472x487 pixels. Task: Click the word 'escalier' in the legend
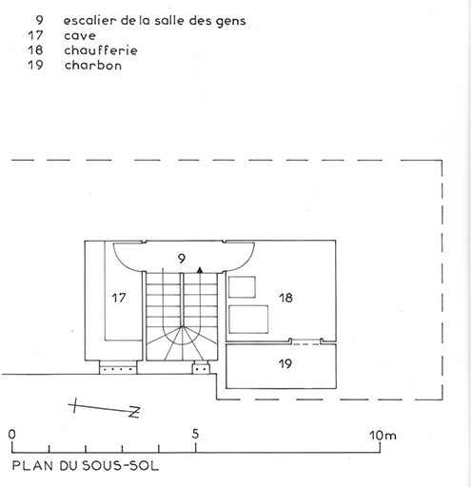point(85,21)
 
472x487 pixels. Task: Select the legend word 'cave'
point(80,36)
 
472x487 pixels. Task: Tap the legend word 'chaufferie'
point(101,50)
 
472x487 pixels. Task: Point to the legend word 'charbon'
point(93,66)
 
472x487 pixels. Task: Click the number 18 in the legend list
point(35,50)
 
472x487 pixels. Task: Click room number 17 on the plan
point(119,298)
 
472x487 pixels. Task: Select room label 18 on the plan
point(285,298)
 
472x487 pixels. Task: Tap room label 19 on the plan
point(285,363)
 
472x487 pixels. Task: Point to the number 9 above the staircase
point(182,259)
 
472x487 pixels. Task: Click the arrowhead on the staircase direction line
point(200,270)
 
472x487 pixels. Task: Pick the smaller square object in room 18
point(242,287)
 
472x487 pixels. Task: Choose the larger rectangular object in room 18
point(248,320)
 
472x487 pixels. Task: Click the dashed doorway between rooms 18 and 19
point(306,341)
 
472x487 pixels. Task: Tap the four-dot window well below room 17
point(118,367)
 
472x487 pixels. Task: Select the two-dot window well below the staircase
point(201,367)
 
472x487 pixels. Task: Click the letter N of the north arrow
point(134,412)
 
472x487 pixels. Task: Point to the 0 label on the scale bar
point(11,434)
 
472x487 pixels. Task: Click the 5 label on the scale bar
point(195,434)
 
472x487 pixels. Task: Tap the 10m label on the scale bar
point(383,436)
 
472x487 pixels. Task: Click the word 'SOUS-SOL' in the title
point(121,466)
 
